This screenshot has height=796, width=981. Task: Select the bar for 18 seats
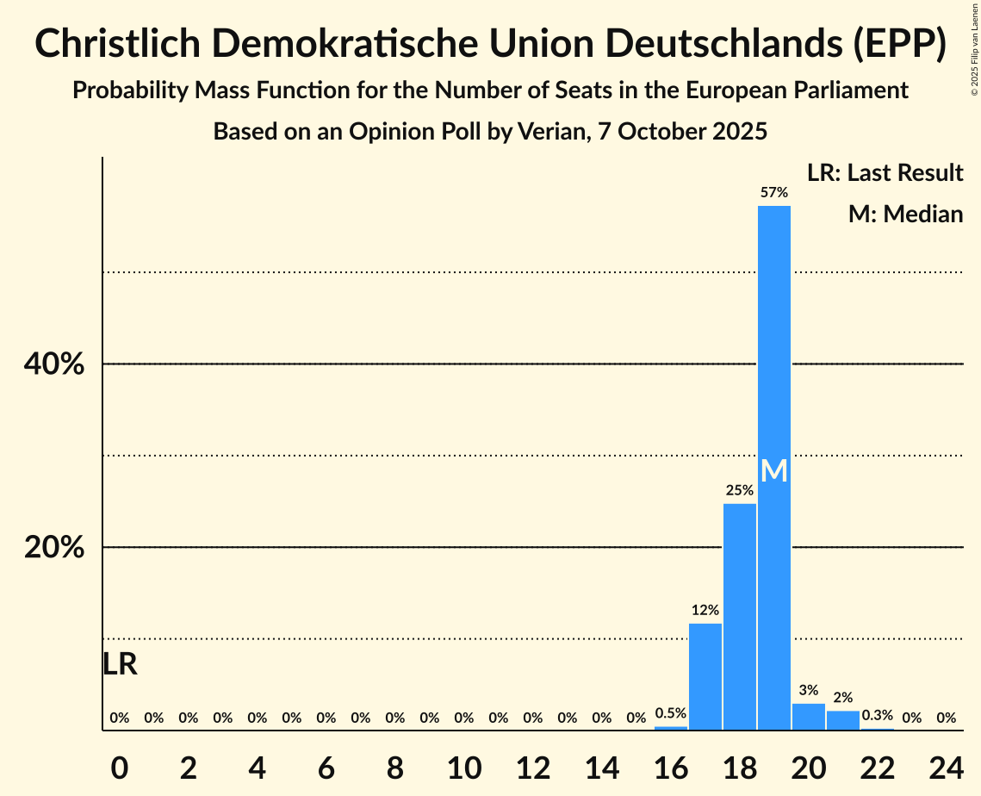point(739,616)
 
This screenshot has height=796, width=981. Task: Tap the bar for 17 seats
point(705,676)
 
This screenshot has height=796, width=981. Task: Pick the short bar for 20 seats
point(808,717)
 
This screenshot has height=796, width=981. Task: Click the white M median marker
point(774,471)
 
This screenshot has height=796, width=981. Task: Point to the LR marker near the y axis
point(120,664)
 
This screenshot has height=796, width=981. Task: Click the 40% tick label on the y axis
point(54,364)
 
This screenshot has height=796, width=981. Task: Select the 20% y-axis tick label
point(54,548)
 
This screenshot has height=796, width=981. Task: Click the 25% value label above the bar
point(739,491)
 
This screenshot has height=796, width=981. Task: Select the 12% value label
point(705,611)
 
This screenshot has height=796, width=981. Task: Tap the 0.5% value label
point(670,713)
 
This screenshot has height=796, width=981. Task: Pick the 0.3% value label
point(877,716)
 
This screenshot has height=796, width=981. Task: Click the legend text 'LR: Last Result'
point(885,173)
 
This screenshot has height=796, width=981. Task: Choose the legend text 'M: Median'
point(905,214)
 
